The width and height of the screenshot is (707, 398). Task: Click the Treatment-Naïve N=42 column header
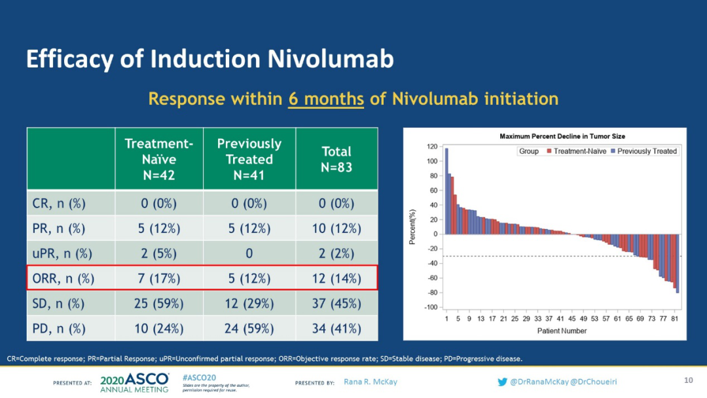tap(159, 159)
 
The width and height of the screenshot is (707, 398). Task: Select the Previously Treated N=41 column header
tap(249, 159)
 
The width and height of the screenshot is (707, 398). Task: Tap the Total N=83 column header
tap(336, 159)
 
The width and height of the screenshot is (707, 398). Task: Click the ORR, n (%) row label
tap(63, 278)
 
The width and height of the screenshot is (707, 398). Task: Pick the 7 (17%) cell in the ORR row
tap(159, 278)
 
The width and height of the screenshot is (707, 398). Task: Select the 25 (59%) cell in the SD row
tap(159, 304)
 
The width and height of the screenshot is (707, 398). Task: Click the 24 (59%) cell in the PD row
tap(249, 329)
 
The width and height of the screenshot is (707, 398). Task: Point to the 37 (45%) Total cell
tap(336, 304)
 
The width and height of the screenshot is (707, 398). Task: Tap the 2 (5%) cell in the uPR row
tap(159, 253)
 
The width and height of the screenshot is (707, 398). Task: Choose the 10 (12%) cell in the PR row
tap(336, 228)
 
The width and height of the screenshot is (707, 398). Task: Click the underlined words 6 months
tap(326, 99)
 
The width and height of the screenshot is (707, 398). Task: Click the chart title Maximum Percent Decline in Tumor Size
tap(562, 136)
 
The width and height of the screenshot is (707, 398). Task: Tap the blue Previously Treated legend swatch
tap(613, 151)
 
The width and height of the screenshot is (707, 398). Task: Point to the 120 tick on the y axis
tap(432, 147)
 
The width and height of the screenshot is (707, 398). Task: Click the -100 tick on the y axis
tap(431, 307)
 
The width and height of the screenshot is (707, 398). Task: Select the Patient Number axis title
tap(562, 331)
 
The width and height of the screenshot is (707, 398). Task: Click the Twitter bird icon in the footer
tap(502, 382)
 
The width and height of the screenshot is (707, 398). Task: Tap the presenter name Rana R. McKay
tap(370, 382)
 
